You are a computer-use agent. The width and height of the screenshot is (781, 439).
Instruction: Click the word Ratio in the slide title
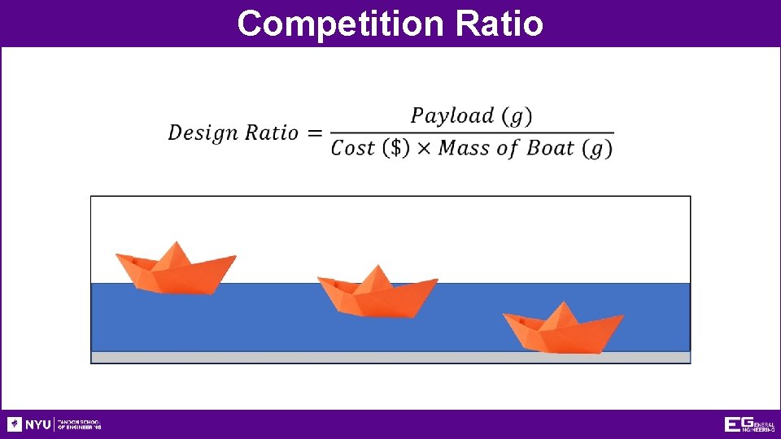pyautogui.click(x=500, y=24)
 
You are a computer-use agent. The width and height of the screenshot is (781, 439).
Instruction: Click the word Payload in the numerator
pyautogui.click(x=452, y=115)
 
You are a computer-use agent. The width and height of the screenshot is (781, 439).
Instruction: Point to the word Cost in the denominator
pyautogui.click(x=353, y=149)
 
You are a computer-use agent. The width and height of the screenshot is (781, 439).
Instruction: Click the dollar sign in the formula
pyautogui.click(x=396, y=149)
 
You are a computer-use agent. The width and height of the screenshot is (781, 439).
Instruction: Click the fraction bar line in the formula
pyautogui.click(x=472, y=133)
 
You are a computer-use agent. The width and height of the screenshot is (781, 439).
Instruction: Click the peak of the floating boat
pyautogui.click(x=175, y=244)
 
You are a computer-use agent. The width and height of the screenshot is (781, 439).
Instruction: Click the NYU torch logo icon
pyautogui.click(x=15, y=424)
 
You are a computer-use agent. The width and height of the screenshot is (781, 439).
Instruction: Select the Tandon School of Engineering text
pyautogui.click(x=79, y=424)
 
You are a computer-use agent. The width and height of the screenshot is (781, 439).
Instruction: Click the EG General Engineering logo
pyautogui.click(x=749, y=424)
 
